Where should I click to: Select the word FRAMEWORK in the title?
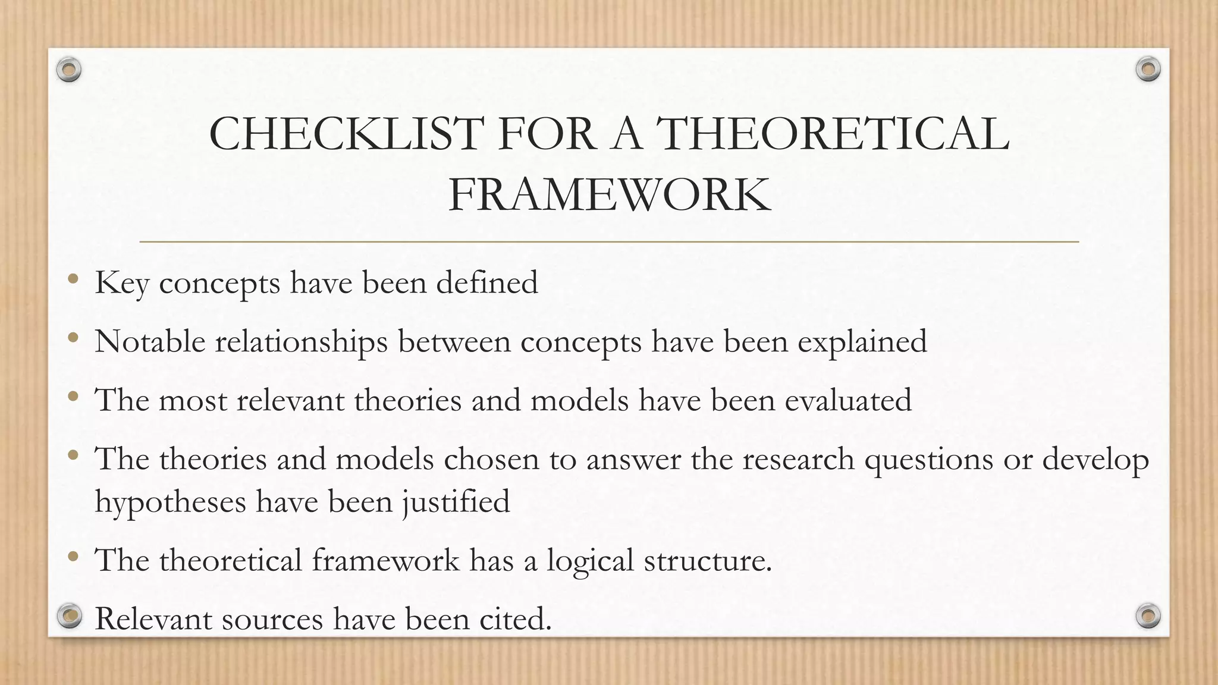point(609,195)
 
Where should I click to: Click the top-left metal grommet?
point(69,70)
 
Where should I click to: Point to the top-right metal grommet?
point(1148,70)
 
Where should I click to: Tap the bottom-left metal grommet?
point(70,616)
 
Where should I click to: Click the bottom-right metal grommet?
point(1148,615)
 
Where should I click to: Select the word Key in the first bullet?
point(121,283)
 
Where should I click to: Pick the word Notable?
point(150,341)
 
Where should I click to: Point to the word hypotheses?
point(170,502)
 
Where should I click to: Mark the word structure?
point(708,561)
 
